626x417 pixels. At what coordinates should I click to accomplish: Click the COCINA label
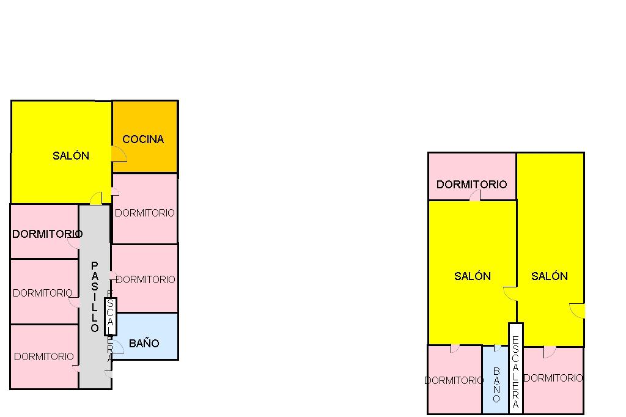(x=143, y=139)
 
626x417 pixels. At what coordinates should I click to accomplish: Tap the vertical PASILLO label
(x=94, y=297)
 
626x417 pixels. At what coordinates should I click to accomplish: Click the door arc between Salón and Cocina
(x=119, y=154)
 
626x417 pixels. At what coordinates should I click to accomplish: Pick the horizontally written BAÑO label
(x=144, y=344)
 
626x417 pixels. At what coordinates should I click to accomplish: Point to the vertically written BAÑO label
(x=496, y=385)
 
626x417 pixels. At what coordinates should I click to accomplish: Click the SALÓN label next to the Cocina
(x=71, y=156)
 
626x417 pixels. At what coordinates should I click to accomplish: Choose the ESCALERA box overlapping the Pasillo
(x=111, y=316)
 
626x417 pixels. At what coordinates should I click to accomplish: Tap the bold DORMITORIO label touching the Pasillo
(x=47, y=234)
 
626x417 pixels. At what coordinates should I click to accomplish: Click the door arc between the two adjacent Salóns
(x=510, y=293)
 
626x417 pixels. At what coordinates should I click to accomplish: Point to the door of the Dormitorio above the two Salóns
(x=475, y=196)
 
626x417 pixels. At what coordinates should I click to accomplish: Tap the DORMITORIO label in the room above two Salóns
(x=471, y=184)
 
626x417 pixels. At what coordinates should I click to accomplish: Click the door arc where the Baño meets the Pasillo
(x=118, y=347)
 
